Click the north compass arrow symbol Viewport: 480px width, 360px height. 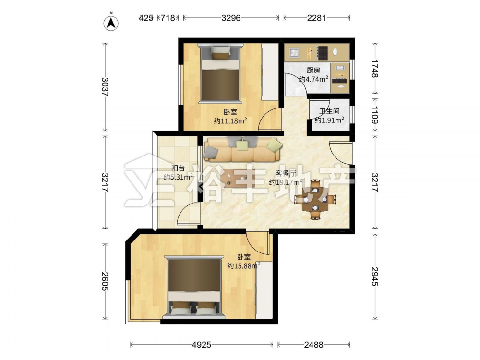[x=111, y=22]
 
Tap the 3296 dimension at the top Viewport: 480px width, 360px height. [x=231, y=18]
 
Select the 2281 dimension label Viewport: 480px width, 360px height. [x=316, y=18]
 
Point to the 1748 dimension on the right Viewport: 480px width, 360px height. [x=375, y=69]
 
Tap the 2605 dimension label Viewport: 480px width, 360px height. [x=105, y=281]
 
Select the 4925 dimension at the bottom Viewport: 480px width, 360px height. [x=202, y=345]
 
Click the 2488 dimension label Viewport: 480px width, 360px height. [x=313, y=345]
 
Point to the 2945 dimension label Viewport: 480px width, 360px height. [x=375, y=276]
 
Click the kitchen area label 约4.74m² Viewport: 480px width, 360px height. [x=313, y=79]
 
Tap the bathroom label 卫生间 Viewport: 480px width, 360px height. [x=329, y=111]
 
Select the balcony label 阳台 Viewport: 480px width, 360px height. [x=178, y=168]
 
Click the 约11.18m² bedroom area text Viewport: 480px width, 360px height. [x=230, y=121]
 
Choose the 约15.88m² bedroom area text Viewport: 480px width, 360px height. [x=244, y=266]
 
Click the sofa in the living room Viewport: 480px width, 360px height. [x=242, y=149]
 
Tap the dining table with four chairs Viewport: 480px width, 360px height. [x=315, y=200]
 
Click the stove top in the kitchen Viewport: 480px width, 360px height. [x=323, y=53]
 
